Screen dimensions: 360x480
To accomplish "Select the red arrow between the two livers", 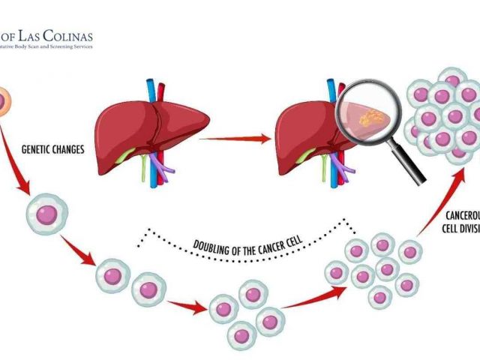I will click(x=232, y=138).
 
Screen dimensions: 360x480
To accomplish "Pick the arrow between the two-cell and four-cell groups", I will click(x=187, y=304).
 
